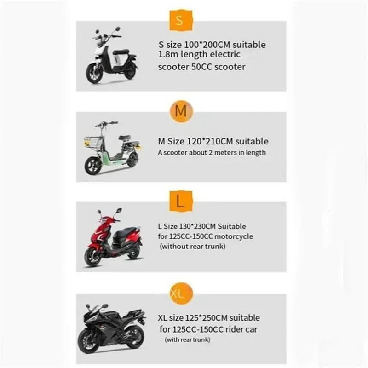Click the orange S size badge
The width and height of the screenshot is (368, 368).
(x=179, y=21)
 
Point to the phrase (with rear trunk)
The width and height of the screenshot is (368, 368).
(x=187, y=339)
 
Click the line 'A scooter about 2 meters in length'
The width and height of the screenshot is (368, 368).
(x=212, y=152)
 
